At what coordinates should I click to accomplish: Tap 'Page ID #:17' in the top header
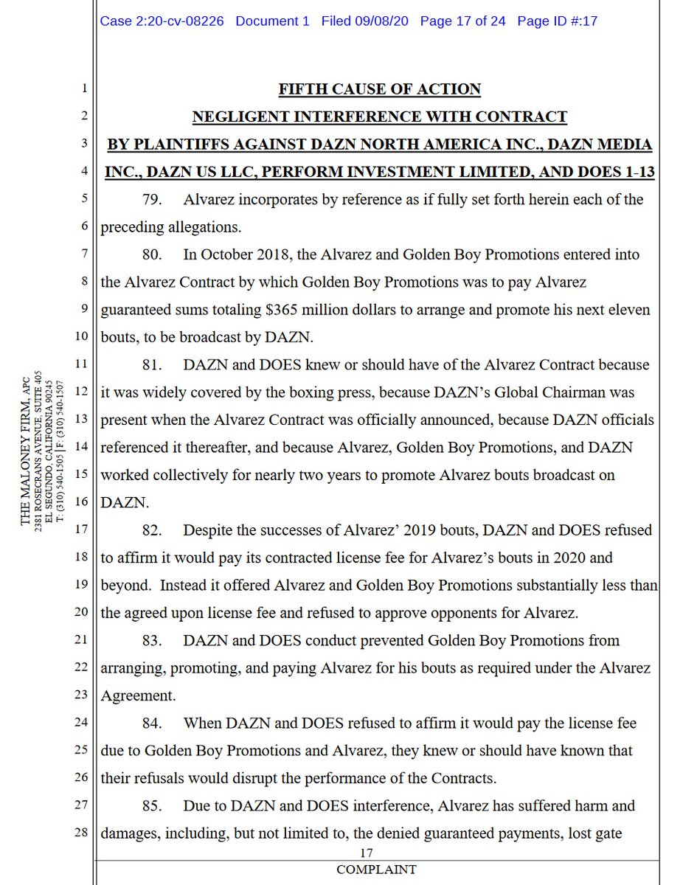point(557,21)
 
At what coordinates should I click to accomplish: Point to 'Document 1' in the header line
point(272,21)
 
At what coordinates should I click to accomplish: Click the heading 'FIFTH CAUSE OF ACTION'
point(379,89)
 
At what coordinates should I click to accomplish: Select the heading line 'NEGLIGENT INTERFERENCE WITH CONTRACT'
point(379,117)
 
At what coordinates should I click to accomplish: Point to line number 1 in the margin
point(83,90)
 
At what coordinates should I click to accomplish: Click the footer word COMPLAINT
point(376,870)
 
